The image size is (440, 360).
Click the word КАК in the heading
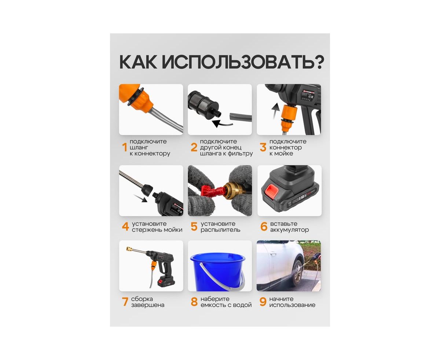point(138,62)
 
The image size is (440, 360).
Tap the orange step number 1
point(125,147)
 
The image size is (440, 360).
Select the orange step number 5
point(194,227)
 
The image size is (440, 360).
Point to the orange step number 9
point(263,302)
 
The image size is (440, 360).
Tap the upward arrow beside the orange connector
point(275,111)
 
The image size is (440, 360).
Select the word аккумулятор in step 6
point(289,230)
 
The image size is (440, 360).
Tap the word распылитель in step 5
point(220,230)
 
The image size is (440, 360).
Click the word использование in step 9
point(292,305)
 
